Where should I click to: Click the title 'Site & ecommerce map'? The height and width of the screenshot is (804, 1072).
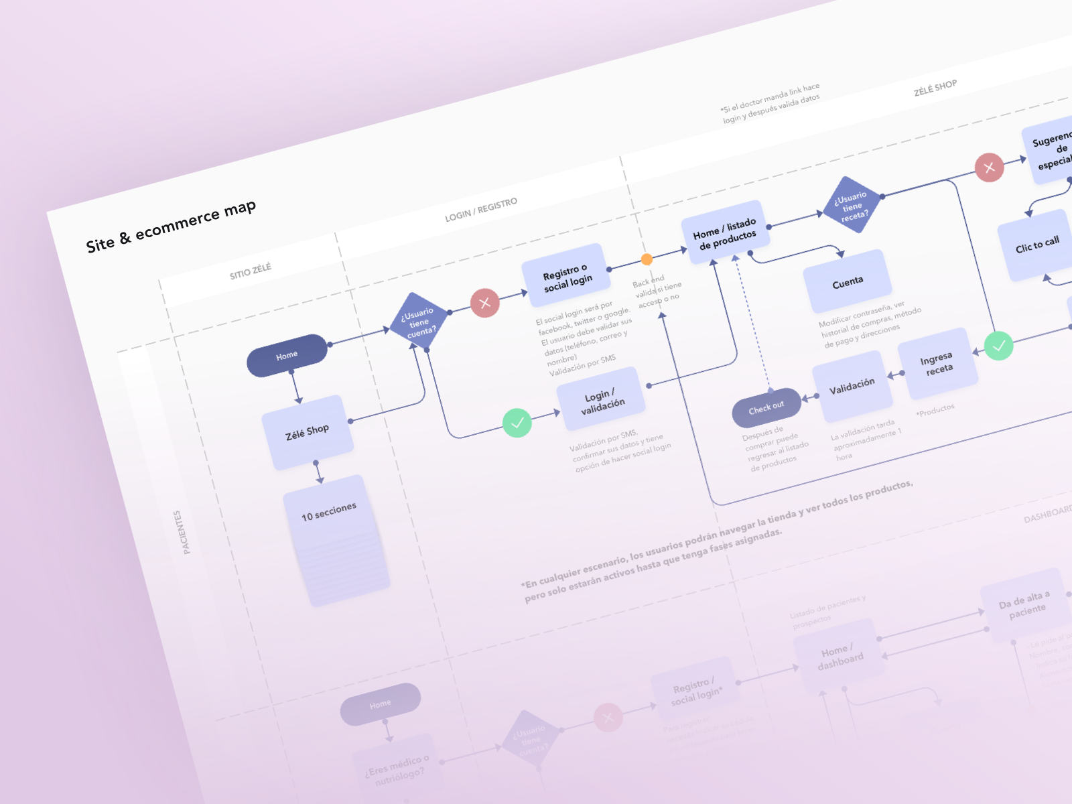point(171,226)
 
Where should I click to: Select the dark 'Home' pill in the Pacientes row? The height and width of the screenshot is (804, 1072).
point(287,355)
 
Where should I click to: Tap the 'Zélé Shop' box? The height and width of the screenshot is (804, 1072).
point(308,432)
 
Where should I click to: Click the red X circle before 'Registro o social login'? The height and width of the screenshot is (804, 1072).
point(485,303)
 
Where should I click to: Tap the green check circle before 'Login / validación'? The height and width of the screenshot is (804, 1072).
point(517,423)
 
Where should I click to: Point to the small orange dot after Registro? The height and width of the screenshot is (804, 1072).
point(647,259)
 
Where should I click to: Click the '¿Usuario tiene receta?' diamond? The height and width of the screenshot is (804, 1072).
point(852,205)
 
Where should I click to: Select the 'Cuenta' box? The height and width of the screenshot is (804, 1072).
point(848,282)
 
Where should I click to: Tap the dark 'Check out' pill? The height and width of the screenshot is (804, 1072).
point(766,407)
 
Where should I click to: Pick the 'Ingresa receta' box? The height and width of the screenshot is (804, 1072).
point(937,364)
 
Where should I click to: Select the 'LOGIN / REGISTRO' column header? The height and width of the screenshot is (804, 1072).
point(481,209)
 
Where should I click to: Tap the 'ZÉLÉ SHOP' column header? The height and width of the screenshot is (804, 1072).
point(935,88)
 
